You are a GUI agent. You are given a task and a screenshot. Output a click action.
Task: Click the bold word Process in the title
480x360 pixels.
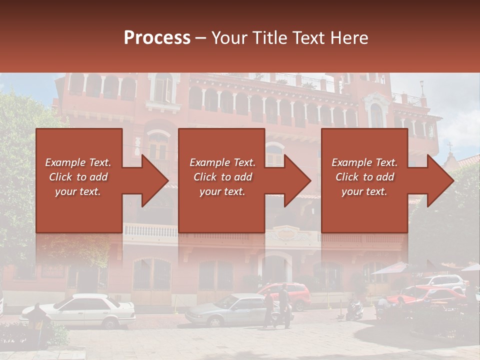coord(157,38)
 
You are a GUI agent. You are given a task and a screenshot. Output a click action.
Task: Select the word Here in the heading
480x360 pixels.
coord(349,38)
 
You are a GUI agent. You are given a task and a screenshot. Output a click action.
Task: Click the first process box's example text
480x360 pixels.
coord(78,177)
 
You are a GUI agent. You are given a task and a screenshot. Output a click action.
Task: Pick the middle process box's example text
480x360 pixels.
coord(222,177)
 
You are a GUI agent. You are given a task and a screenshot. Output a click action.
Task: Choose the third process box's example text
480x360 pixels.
coord(364,177)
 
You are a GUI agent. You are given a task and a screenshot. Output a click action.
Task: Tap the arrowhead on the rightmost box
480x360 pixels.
coord(440,180)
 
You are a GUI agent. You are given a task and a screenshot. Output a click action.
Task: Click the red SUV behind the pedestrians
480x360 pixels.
coord(290,295)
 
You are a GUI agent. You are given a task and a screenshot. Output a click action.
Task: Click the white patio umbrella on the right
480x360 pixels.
coord(392,269)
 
